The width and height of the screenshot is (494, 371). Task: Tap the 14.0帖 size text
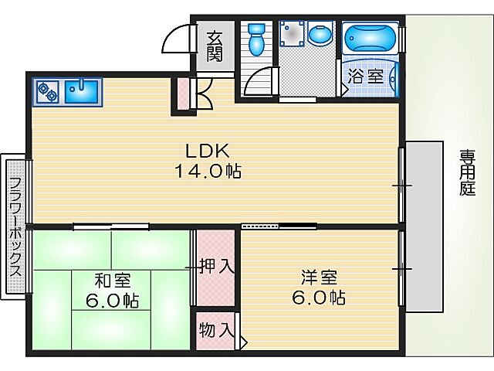[206, 172]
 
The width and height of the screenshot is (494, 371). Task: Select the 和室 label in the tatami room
[112, 279]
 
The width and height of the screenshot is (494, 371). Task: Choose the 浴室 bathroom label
[365, 77]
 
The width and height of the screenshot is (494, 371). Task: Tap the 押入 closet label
[216, 267]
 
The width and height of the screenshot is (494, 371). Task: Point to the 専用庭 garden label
[467, 172]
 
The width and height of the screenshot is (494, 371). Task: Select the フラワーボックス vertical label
[15, 227]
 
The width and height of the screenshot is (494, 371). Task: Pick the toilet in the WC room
[257, 39]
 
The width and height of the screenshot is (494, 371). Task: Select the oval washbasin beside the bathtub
[318, 35]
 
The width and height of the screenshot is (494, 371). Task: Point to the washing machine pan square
[291, 34]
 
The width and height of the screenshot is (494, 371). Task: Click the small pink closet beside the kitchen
[183, 93]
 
